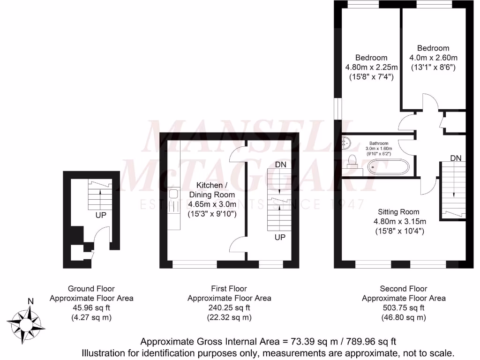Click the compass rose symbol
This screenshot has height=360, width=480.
(x=29, y=322)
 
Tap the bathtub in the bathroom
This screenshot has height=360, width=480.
(x=388, y=167)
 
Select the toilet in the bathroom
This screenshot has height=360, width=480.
(x=353, y=162)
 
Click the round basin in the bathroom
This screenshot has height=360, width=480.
(x=346, y=140)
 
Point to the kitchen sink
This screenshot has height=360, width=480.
(x=173, y=194)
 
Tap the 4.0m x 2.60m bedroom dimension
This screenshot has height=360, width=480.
(x=433, y=58)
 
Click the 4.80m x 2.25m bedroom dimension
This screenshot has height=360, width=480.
(x=371, y=67)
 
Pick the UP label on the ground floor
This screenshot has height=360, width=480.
(x=101, y=216)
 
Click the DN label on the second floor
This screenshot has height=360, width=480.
(x=456, y=158)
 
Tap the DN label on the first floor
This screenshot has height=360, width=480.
(x=280, y=165)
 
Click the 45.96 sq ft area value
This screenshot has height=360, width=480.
(x=91, y=308)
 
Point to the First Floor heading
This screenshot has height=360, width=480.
(x=229, y=289)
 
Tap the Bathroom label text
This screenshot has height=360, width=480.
(x=379, y=143)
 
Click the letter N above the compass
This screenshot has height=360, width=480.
(x=30, y=301)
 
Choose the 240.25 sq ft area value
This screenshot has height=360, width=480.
(x=229, y=308)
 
